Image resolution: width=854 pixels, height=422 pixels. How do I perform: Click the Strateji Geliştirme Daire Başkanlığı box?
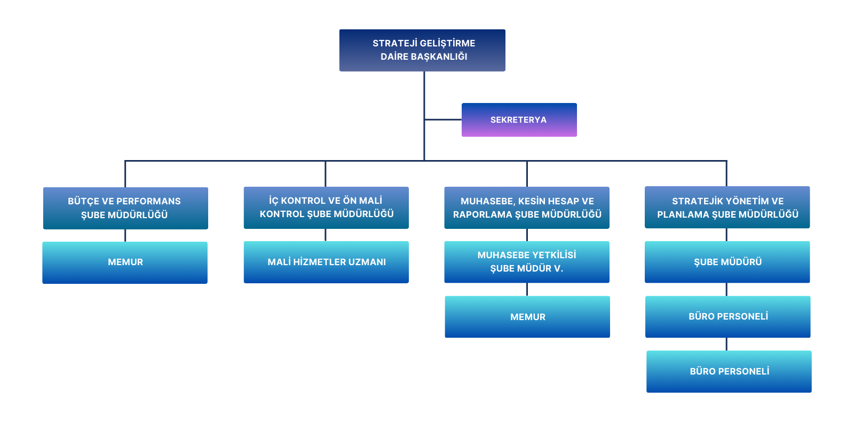422,50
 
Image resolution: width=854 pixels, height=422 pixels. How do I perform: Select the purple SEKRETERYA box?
519,120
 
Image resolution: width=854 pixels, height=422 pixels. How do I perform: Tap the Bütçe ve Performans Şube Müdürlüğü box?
125,208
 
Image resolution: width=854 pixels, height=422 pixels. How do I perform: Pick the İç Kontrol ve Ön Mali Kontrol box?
326,208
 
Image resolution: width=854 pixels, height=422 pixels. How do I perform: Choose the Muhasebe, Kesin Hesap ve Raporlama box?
527,208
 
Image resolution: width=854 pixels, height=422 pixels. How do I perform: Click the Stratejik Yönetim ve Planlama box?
728,208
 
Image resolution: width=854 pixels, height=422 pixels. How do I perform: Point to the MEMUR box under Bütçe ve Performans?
125,262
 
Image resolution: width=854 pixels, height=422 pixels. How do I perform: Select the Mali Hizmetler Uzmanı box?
326,262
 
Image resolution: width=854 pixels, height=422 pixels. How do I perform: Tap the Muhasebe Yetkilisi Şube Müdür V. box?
527,262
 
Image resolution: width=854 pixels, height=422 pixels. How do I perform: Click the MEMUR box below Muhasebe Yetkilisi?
527,317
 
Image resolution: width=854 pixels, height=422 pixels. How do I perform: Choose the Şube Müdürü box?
728,262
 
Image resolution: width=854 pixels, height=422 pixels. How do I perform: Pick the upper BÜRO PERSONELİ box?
728,317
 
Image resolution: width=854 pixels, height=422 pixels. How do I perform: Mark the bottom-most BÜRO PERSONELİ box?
729,371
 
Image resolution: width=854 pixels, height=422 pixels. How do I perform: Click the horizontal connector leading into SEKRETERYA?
443,120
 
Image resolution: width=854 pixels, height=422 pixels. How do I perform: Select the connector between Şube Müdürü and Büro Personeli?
726,289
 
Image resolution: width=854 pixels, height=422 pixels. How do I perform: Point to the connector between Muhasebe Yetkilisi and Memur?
527,289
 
